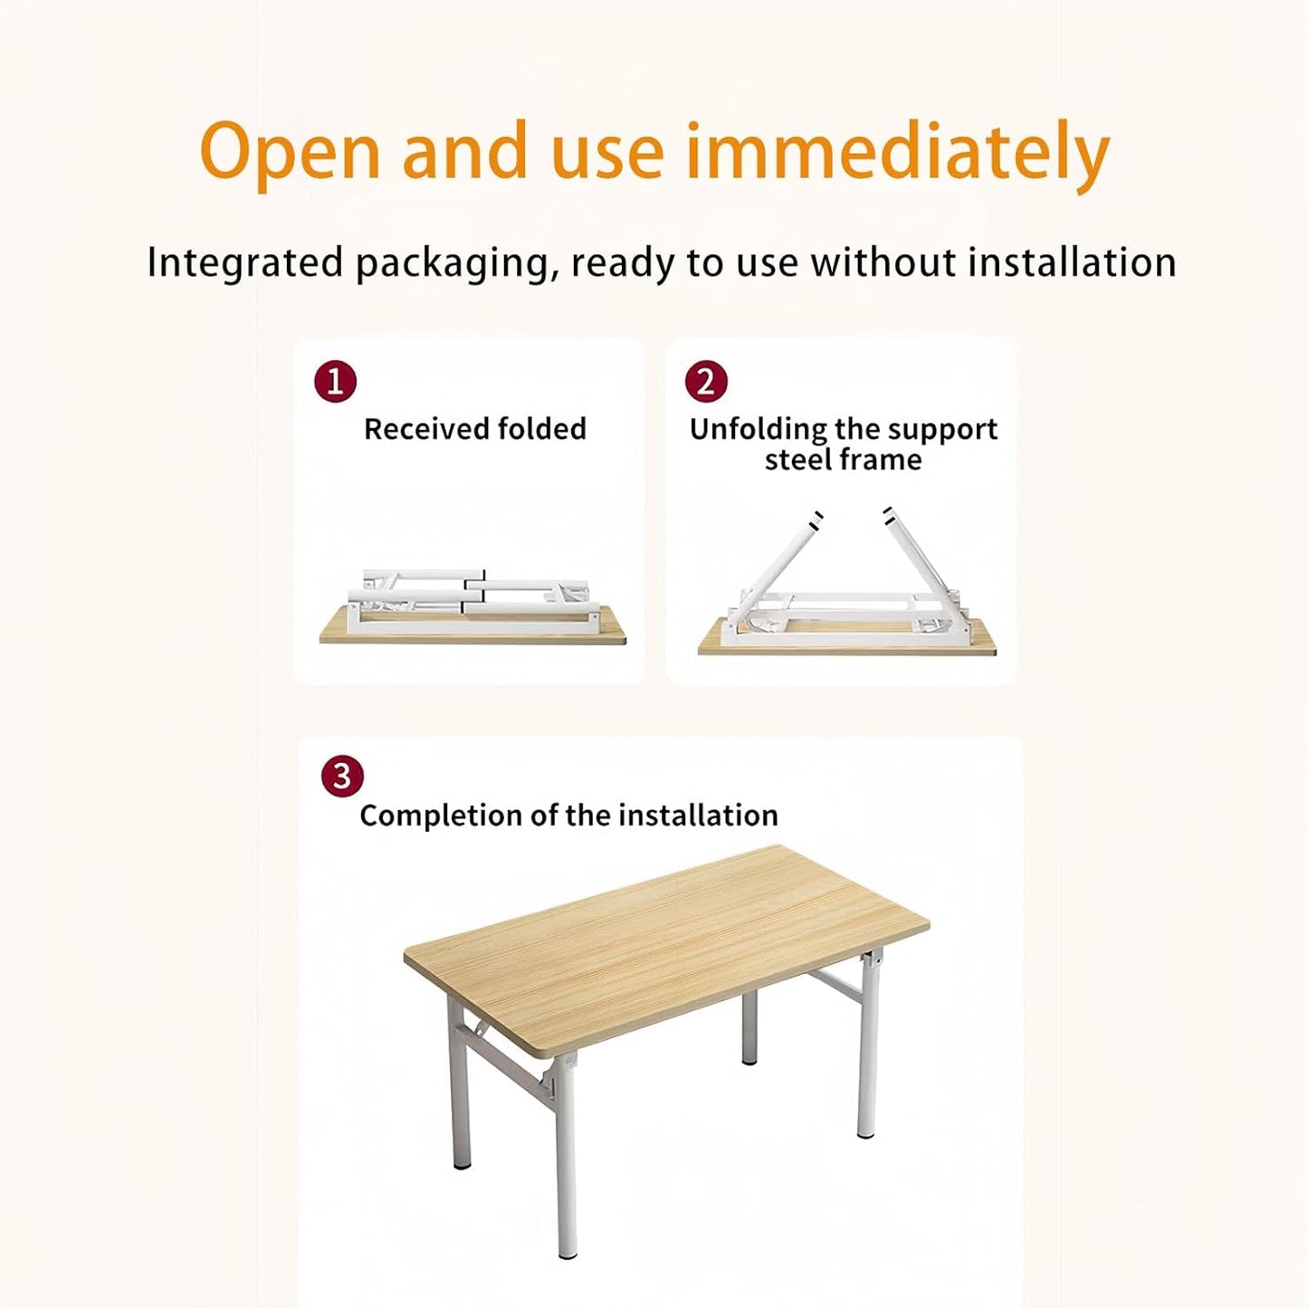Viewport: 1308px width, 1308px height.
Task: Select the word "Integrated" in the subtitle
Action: tap(245, 264)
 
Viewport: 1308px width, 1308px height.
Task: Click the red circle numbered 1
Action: tap(335, 381)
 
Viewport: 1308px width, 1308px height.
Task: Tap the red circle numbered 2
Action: tap(706, 381)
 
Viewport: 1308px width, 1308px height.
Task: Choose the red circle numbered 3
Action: tap(342, 775)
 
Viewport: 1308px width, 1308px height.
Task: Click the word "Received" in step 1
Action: tap(426, 429)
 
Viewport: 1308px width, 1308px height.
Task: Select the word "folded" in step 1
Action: tap(541, 429)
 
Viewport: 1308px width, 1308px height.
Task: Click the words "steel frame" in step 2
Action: tap(843, 460)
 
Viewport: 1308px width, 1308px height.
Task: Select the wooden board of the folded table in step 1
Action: tap(473, 632)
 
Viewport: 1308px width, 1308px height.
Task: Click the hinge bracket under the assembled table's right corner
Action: tap(873, 963)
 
